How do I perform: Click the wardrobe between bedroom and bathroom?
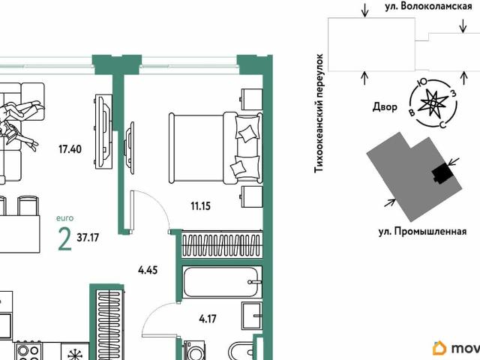tap(222, 246)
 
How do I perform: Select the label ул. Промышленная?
tap(422, 232)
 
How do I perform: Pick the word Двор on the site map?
tap(385, 106)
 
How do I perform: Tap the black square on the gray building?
tap(442, 173)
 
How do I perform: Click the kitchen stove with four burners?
tap(29, 351)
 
